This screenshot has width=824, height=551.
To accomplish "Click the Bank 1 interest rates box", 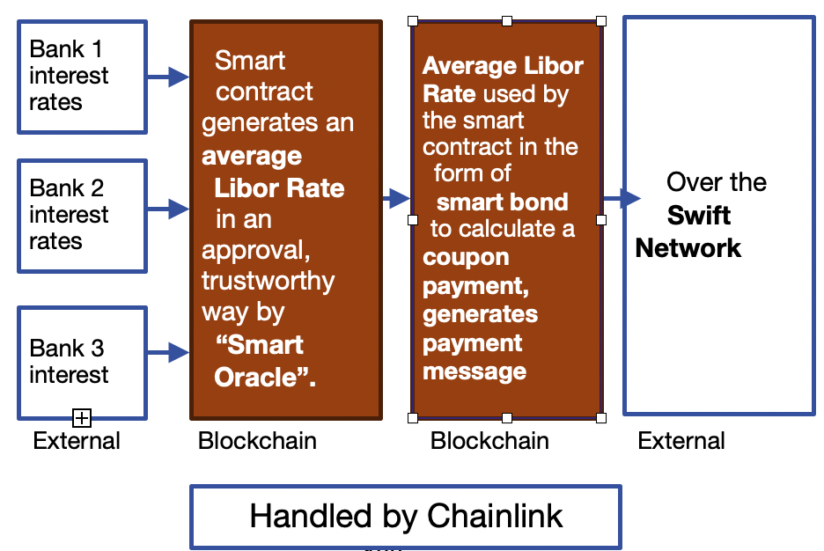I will point(82,77).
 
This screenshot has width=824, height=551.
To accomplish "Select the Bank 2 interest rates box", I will point(82,215).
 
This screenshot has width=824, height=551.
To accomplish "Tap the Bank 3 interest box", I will point(82,362).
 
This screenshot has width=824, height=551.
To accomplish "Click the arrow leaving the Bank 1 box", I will point(168,77).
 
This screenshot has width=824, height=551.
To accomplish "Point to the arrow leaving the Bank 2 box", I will point(168,209).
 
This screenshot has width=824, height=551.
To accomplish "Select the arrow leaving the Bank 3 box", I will point(168,353).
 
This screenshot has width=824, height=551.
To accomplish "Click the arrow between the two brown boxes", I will point(396,199).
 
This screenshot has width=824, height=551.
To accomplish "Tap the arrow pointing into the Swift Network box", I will point(622,199).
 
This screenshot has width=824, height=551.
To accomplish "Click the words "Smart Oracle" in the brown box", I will point(264,361).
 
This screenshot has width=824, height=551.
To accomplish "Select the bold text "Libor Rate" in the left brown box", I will point(279,188).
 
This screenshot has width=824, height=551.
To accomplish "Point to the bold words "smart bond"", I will point(502,202).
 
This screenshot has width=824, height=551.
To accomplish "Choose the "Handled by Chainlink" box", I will point(406,516).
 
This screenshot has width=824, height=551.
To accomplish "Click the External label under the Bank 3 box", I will point(77,440).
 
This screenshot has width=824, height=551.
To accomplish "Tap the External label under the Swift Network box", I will point(681,440).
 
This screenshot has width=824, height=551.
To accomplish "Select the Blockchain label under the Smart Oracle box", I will point(257,440).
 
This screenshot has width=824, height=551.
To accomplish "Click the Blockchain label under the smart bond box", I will point(489,440).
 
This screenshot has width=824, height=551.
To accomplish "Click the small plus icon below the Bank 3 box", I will point(82,418).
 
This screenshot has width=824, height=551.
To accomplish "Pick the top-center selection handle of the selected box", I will point(507,20).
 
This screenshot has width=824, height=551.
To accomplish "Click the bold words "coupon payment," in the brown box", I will point(467,272).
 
